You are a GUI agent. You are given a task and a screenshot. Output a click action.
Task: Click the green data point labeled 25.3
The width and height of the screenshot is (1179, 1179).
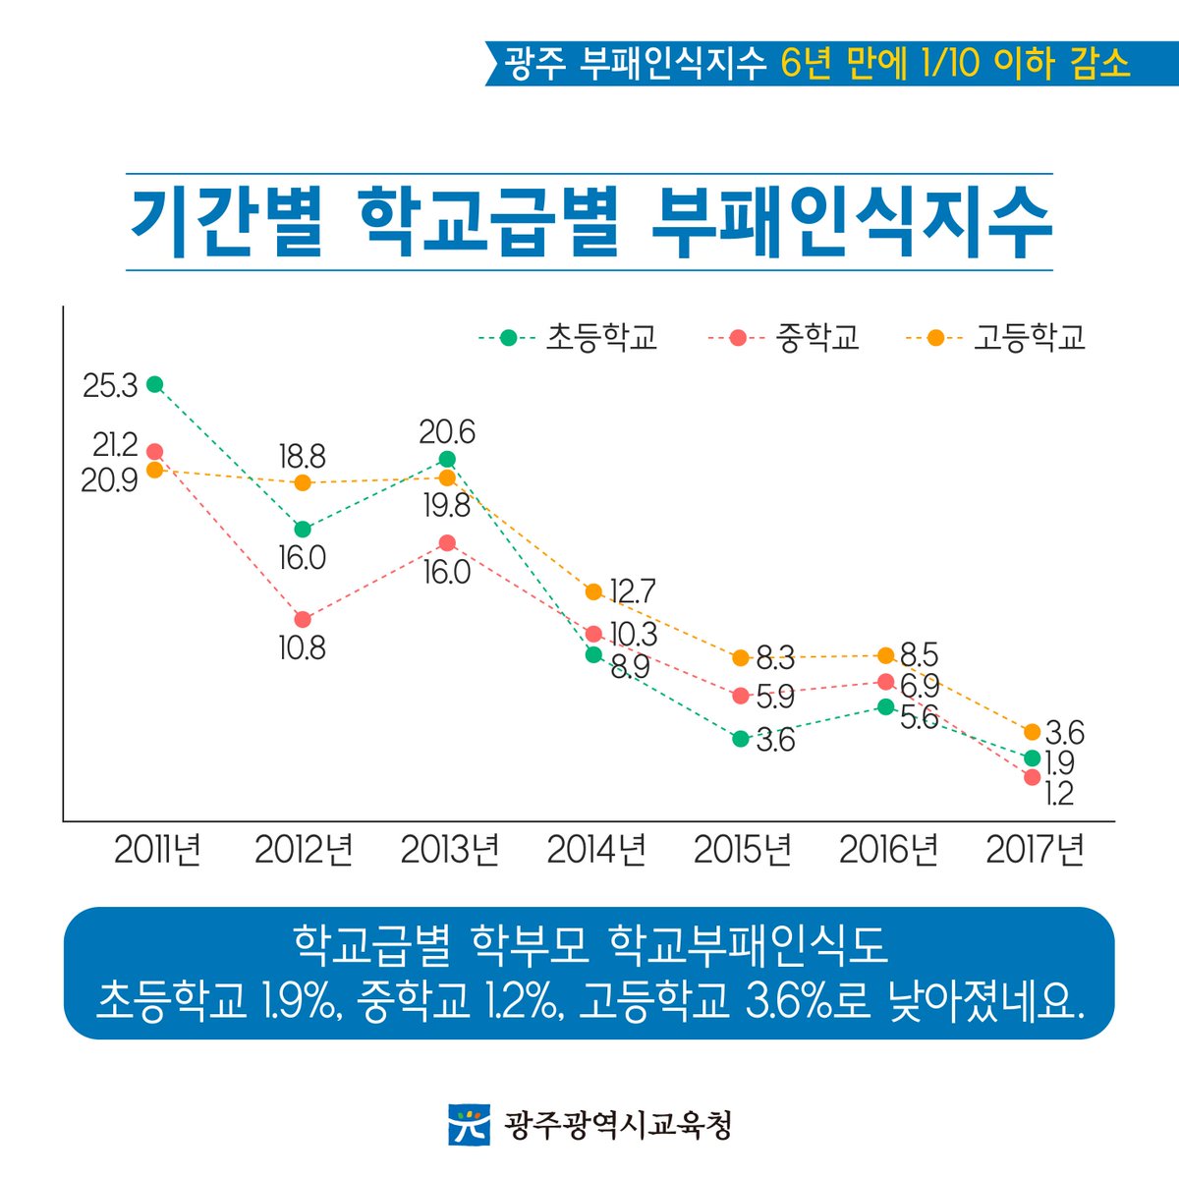coord(154,384)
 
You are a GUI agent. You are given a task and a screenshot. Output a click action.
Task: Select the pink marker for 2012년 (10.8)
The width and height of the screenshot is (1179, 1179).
coord(303,619)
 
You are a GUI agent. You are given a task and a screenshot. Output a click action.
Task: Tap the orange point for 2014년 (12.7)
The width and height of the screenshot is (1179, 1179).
coord(593,591)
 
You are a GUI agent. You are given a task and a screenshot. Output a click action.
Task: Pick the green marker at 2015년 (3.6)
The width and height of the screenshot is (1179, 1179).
coord(741,739)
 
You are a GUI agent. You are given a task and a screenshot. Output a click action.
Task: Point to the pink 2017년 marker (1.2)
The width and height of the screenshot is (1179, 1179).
coord(1032,777)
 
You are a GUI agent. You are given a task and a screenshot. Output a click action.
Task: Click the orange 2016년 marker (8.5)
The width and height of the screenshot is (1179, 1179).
coord(885,655)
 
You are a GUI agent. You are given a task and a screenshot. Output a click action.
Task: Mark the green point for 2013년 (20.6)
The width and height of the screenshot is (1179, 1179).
coord(447,459)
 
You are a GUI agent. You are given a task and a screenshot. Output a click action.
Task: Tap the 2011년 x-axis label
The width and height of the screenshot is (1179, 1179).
coord(157,850)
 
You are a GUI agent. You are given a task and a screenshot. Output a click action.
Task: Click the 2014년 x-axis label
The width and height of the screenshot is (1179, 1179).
coord(596,850)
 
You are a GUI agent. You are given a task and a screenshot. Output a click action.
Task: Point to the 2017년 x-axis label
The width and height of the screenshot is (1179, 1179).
coord(1035,850)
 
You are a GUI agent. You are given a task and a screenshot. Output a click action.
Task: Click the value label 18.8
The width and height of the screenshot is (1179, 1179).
coord(302,457)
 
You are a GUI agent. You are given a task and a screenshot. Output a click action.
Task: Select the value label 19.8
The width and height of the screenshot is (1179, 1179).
coord(447,506)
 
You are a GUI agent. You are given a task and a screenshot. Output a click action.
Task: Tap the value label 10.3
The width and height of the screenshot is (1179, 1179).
coord(633,634)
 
